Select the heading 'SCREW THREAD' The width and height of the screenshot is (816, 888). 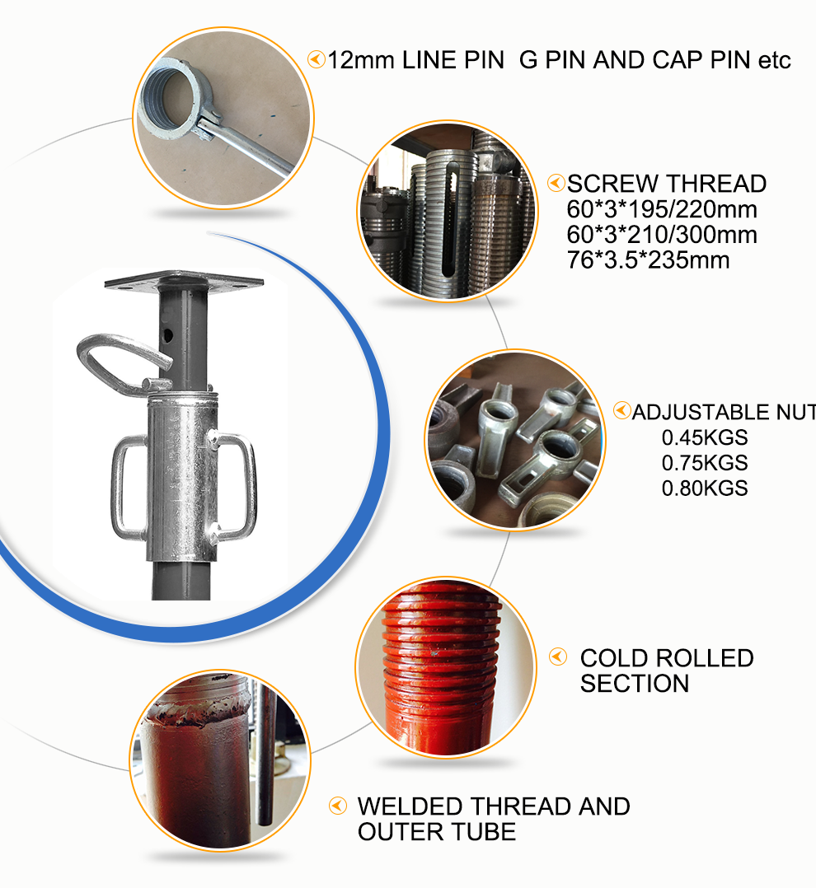[x=667, y=184]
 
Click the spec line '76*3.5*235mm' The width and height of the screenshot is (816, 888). [x=649, y=260]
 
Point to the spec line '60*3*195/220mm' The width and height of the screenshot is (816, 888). [x=662, y=209]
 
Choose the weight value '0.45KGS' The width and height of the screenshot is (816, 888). [x=705, y=437]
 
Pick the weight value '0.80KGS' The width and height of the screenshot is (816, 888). [x=705, y=488]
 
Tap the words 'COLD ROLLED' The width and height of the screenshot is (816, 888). [x=667, y=658]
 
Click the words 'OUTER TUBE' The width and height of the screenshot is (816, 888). [x=437, y=832]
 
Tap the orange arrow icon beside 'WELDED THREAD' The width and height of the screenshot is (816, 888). [x=337, y=806]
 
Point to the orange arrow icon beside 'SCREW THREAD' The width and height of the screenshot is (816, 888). [x=556, y=183]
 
